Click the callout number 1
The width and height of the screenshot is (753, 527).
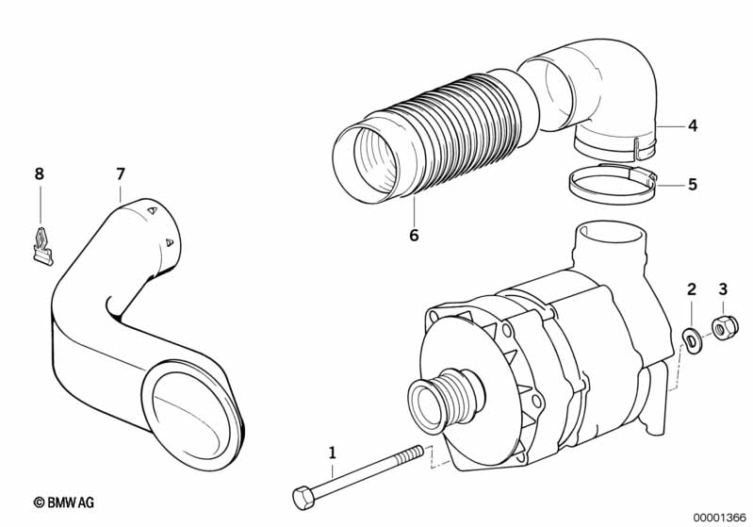point(331,454)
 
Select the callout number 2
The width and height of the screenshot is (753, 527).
point(691,289)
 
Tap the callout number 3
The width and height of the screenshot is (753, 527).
point(723,289)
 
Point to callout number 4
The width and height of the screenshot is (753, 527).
point(692,125)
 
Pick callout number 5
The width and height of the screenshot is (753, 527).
point(692,185)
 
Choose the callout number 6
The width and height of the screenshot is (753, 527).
point(413,236)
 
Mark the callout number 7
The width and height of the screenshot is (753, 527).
point(120,174)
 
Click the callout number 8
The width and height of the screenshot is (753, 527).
point(39,174)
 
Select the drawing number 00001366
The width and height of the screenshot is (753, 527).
point(719,516)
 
